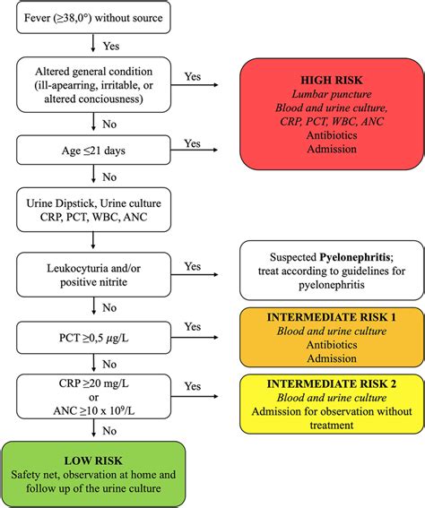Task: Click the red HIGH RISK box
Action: (x=332, y=114)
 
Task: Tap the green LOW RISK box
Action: (x=93, y=474)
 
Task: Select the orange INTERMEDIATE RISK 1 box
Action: (x=332, y=337)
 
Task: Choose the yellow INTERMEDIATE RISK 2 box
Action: (x=332, y=404)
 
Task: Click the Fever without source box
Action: (x=93, y=17)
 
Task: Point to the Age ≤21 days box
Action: (x=93, y=150)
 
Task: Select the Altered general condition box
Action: (x=93, y=85)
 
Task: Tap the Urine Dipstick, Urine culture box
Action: (x=93, y=210)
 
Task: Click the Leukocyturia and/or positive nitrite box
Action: (x=93, y=275)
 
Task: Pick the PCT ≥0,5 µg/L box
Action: (x=93, y=338)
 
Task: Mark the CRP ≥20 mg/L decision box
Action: (x=93, y=397)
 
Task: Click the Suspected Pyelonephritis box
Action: (x=332, y=271)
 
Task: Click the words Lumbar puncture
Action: (x=332, y=94)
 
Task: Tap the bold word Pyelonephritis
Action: (x=355, y=257)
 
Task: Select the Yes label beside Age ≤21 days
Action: (x=193, y=143)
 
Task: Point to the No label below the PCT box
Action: (x=109, y=364)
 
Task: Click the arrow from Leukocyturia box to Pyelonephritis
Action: (x=195, y=275)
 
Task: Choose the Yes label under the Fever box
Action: (x=111, y=46)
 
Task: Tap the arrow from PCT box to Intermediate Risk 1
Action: (x=195, y=337)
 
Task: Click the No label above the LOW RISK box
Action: (x=109, y=431)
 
